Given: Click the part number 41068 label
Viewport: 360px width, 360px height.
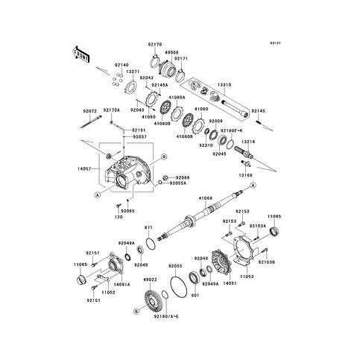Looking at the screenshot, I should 206,198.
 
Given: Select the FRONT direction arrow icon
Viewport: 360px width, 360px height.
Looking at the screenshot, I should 80,54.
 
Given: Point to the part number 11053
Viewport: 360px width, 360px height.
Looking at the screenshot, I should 247,276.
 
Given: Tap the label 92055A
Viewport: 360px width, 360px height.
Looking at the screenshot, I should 178,183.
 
